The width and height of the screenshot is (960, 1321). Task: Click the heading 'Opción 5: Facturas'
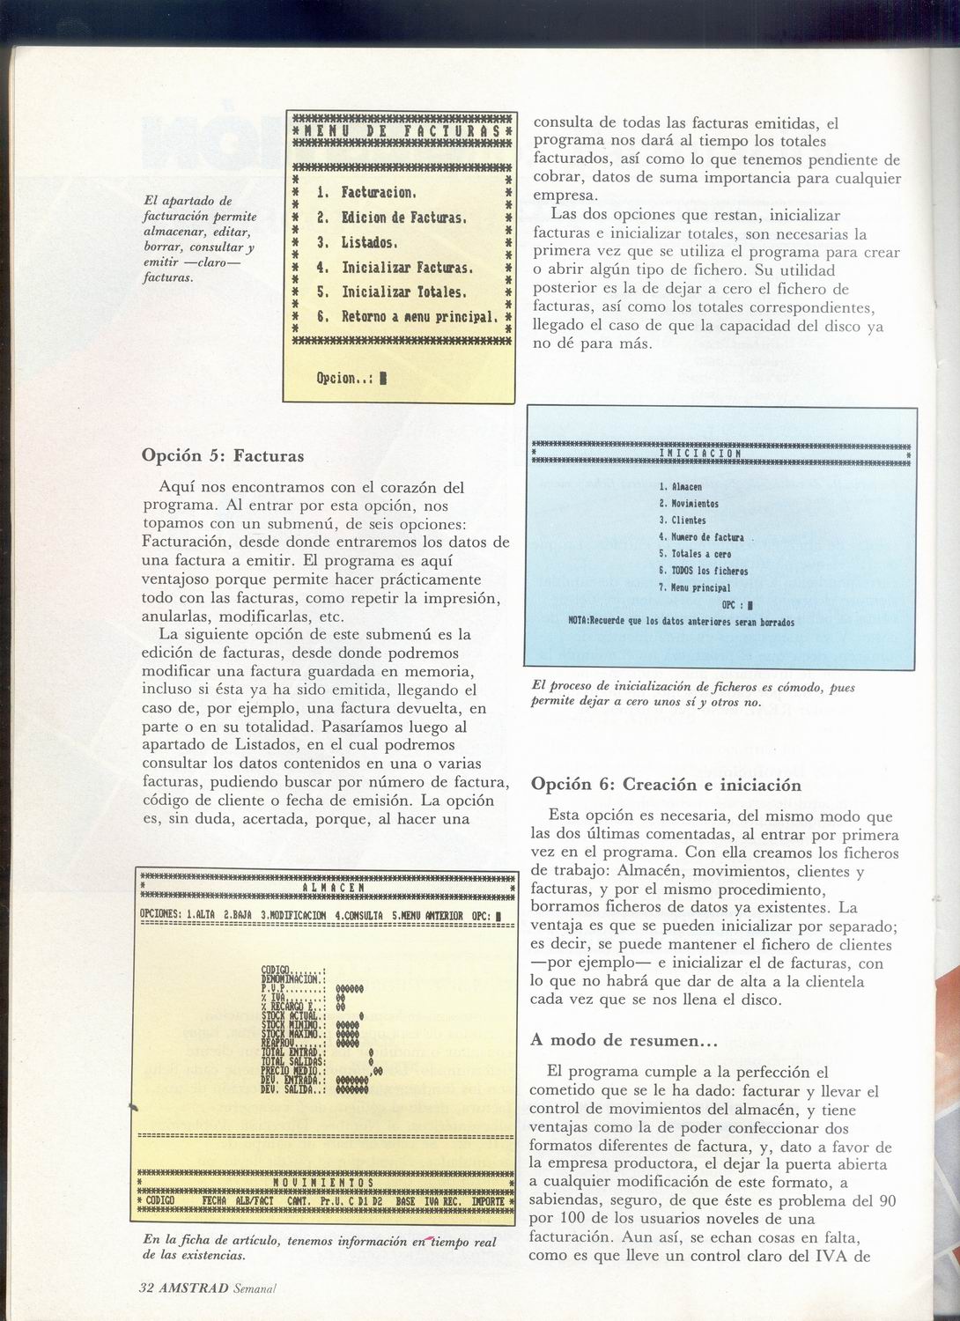[223, 456]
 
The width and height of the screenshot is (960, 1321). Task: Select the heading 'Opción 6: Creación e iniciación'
[667, 785]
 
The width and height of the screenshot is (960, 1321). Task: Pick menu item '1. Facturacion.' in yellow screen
[366, 192]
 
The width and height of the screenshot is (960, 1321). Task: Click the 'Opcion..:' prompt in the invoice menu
[345, 379]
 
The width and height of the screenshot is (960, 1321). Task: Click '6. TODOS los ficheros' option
[703, 571]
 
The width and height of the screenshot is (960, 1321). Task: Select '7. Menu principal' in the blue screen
[694, 587]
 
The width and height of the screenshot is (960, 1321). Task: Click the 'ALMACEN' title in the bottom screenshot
[327, 888]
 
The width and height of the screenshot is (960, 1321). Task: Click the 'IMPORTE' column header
[487, 1200]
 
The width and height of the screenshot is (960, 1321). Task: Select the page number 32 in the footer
[146, 1287]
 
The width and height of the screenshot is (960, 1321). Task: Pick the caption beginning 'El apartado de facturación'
[200, 239]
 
